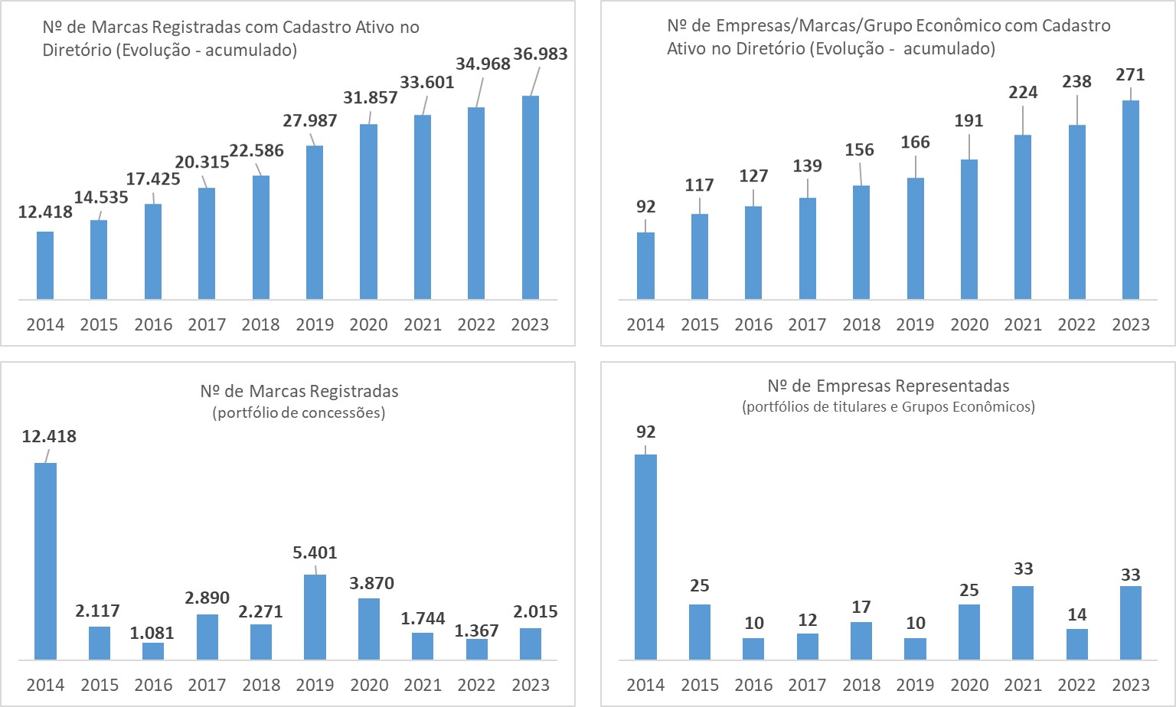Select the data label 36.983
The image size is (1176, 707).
click(x=541, y=54)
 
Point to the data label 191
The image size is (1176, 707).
click(x=969, y=121)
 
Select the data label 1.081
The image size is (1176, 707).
click(x=152, y=633)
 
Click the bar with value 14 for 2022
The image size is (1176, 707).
click(x=1076, y=644)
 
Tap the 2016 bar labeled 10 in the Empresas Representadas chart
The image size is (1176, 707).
click(x=753, y=649)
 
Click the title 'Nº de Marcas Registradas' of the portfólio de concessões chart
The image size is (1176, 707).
click(x=299, y=392)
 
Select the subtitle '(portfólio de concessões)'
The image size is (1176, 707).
click(x=299, y=413)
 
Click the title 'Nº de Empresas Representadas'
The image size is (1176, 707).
click(x=888, y=386)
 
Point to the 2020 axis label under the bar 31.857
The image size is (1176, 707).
click(x=368, y=324)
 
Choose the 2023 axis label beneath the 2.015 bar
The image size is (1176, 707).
click(x=530, y=685)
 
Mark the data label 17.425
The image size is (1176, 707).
click(x=153, y=179)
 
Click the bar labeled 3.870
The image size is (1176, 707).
click(x=369, y=629)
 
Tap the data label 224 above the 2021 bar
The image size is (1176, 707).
click(x=1023, y=93)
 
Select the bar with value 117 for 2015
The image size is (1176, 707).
click(x=699, y=256)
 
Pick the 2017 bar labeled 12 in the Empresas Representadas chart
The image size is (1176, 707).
click(x=807, y=647)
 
